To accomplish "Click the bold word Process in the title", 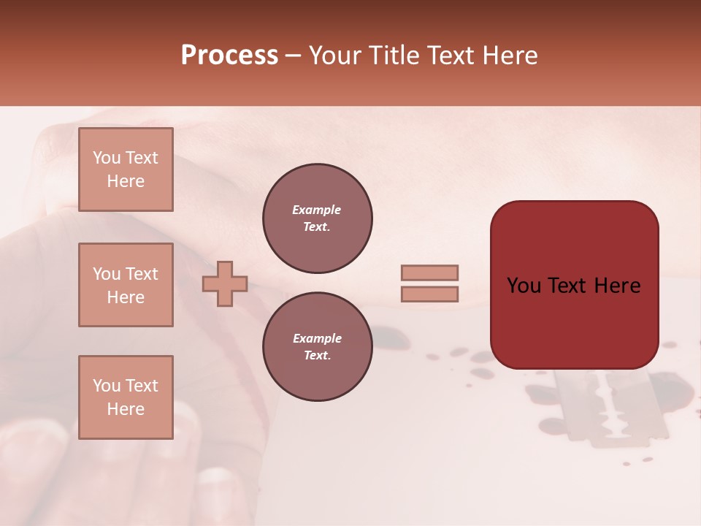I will click(x=229, y=56).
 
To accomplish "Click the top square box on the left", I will click(x=126, y=169).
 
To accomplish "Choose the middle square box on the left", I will click(x=126, y=285).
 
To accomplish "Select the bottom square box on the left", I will click(x=126, y=397).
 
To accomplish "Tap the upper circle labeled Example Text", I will click(x=317, y=218).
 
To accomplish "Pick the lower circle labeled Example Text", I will click(x=317, y=347).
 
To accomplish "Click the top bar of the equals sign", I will click(x=429, y=272).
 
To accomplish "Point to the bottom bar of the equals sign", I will click(x=429, y=294).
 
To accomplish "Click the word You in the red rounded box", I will click(x=523, y=286).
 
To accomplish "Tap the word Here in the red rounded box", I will click(x=616, y=286).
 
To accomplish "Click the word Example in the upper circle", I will click(x=317, y=210).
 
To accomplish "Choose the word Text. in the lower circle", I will click(x=317, y=356).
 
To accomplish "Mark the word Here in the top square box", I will click(x=126, y=181).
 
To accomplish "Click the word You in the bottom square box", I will click(x=105, y=386).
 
